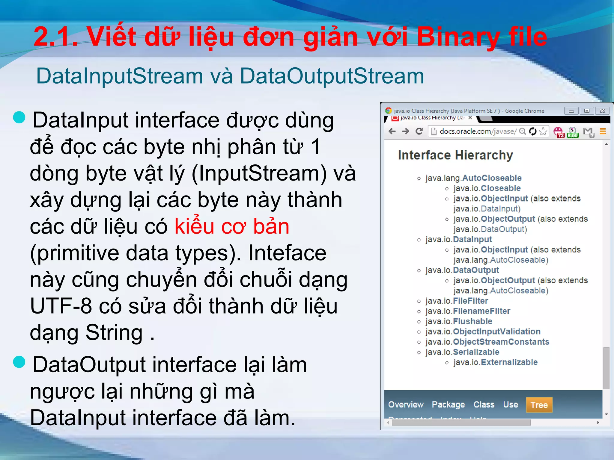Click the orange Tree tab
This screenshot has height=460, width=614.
539,405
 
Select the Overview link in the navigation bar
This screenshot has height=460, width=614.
406,405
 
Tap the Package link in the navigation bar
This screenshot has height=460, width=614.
448,405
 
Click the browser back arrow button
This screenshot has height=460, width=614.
392,131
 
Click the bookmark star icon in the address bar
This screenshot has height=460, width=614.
543,131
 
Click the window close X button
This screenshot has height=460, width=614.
602,111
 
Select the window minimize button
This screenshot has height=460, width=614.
571,111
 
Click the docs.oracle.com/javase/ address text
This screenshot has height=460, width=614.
478,131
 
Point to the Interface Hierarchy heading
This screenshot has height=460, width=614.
455,155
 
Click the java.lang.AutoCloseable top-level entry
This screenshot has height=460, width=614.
474,178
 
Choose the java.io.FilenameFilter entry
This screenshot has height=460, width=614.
468,311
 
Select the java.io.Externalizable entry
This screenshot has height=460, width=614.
496,362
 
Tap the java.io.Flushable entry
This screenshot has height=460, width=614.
459,321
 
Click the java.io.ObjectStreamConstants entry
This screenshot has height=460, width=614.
487,342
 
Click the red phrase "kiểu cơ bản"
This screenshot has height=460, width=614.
232,226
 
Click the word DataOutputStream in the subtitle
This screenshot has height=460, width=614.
332,76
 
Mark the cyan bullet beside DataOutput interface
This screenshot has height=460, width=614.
19,362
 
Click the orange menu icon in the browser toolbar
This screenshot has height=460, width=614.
603,131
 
